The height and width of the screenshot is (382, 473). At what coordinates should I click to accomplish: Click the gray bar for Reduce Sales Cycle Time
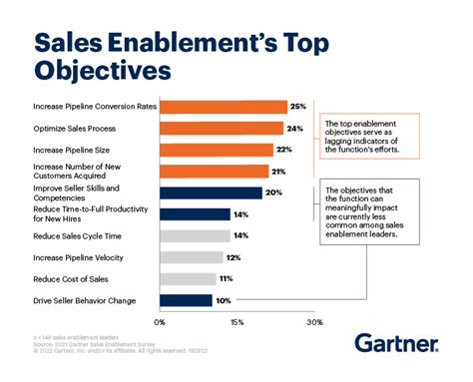pyautogui.click(x=196, y=235)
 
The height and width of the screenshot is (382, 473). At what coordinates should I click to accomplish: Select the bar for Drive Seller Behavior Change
pyautogui.click(x=186, y=300)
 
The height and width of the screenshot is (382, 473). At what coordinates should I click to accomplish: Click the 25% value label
pyautogui.click(x=296, y=106)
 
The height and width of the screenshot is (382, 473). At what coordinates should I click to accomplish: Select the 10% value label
pyautogui.click(x=225, y=300)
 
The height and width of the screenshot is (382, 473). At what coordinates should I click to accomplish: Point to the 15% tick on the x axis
pyautogui.click(x=236, y=322)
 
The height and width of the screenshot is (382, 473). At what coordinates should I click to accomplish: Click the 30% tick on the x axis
pyautogui.click(x=314, y=322)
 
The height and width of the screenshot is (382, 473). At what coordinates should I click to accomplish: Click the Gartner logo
pyautogui.click(x=396, y=345)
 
